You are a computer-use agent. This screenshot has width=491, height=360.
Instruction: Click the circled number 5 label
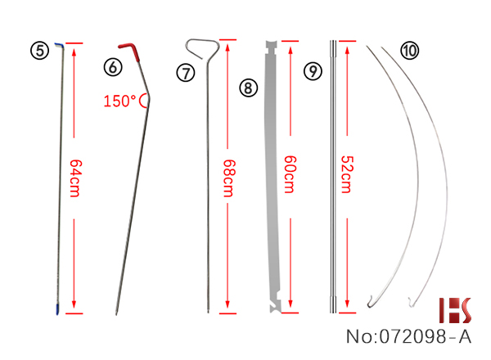coord(40,51)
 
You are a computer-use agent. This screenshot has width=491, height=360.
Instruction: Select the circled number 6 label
coord(113,67)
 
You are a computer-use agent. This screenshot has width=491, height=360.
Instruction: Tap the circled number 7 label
coord(186,73)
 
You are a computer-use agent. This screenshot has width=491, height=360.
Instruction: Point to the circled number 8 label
coord(248,88)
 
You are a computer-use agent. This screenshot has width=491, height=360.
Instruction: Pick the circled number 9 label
coord(313,71)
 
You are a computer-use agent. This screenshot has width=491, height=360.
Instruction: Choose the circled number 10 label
coord(410,51)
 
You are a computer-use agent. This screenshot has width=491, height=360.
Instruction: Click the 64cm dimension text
coord(75,178)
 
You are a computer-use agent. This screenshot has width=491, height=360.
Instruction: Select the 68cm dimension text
coord(229,178)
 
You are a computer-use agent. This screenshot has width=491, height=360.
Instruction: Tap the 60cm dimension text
coord(290,174)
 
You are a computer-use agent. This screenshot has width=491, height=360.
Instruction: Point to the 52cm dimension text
coord(347,174)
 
